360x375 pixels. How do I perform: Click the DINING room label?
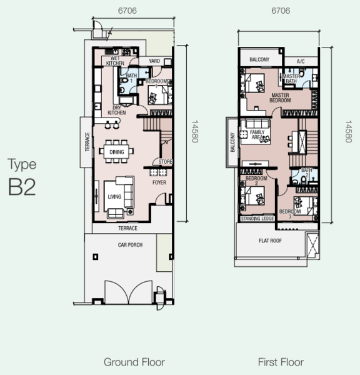(117, 152)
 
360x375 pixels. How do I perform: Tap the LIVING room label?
(114, 197)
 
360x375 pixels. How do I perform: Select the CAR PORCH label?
(130, 244)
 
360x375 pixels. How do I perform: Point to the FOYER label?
(159, 182)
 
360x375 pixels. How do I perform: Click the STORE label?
(165, 162)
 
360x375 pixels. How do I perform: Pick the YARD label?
(154, 61)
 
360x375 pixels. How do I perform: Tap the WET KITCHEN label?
(115, 61)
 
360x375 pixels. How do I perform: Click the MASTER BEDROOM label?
(280, 98)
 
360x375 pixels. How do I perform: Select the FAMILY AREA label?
(257, 134)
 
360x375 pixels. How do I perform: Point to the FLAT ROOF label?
(270, 241)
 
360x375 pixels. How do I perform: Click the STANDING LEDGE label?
(257, 219)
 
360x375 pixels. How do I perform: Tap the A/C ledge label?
(301, 61)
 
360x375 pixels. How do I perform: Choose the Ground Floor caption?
(134, 362)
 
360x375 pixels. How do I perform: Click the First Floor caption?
(281, 362)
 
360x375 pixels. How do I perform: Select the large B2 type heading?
(22, 187)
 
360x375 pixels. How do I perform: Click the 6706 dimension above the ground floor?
(127, 11)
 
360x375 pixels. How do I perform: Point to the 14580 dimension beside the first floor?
(348, 131)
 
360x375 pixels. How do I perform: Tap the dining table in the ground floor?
(116, 152)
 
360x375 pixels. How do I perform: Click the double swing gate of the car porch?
(129, 292)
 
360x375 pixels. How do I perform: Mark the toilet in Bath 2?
(304, 179)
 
